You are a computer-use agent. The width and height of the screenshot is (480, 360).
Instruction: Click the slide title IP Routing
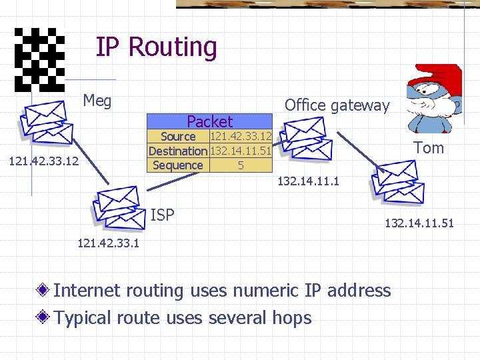pyautogui.click(x=156, y=47)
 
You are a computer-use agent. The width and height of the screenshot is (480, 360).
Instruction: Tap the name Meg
pyautogui.click(x=97, y=101)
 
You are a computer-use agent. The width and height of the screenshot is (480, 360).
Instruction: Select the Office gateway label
pyautogui.click(x=337, y=105)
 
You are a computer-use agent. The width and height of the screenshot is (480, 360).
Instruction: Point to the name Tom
pyautogui.click(x=428, y=148)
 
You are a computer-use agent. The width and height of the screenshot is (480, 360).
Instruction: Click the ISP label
pyautogui.click(x=163, y=215)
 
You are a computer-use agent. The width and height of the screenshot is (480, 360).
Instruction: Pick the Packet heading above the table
pyautogui.click(x=209, y=121)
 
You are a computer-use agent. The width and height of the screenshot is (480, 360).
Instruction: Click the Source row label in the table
pyautogui.click(x=178, y=137)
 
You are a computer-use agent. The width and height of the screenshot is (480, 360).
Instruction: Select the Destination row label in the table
pyautogui.click(x=178, y=151)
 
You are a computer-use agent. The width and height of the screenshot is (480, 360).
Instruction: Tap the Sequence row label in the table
pyautogui.click(x=178, y=165)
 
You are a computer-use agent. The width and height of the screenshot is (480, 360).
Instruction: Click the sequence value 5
pyautogui.click(x=241, y=165)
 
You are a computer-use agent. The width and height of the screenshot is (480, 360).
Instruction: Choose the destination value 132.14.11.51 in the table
pyautogui.click(x=241, y=151)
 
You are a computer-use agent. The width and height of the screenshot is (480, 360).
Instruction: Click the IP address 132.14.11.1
pyautogui.click(x=307, y=181)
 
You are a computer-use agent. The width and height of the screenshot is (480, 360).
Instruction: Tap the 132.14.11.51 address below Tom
pyautogui.click(x=419, y=223)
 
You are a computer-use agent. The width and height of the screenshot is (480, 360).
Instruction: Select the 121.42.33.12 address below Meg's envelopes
pyautogui.click(x=43, y=162)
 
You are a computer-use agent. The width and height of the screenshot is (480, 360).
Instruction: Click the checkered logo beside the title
pyautogui.click(x=39, y=60)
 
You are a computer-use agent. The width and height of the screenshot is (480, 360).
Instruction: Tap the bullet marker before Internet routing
pyautogui.click(x=44, y=291)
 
